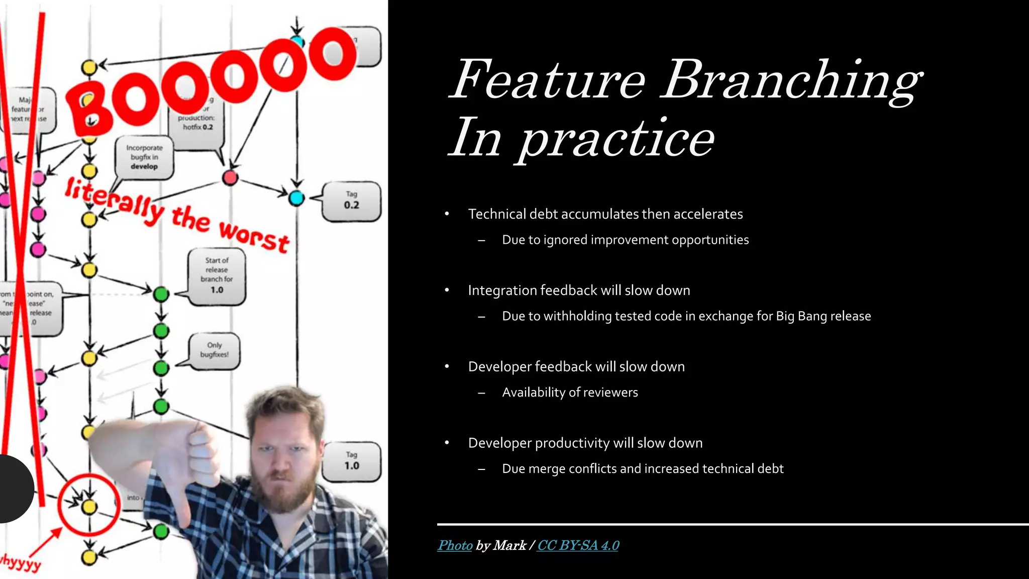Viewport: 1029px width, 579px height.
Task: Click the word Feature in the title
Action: click(x=548, y=80)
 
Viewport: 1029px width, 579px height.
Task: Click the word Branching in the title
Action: click(x=791, y=80)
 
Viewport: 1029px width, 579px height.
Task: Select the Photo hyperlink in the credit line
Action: click(x=455, y=545)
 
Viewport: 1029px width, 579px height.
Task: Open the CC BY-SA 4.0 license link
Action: click(x=578, y=545)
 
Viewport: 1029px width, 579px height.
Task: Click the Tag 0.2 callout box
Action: click(x=352, y=201)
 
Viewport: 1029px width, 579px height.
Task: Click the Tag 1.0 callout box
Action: click(x=352, y=461)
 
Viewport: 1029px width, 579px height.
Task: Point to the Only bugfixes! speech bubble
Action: click(x=215, y=350)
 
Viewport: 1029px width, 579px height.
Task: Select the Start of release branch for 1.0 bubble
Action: click(x=217, y=275)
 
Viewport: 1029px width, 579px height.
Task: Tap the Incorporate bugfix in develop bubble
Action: click(x=144, y=157)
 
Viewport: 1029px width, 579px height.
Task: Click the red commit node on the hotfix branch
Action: click(x=230, y=177)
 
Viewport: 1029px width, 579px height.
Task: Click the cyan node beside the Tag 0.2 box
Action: click(x=296, y=198)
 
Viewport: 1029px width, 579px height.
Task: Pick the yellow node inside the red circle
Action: click(x=89, y=507)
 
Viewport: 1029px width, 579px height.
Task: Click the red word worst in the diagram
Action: click(x=254, y=237)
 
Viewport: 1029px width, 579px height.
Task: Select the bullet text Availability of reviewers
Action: click(x=570, y=393)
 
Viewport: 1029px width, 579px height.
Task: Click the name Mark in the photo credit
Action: click(x=509, y=545)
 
